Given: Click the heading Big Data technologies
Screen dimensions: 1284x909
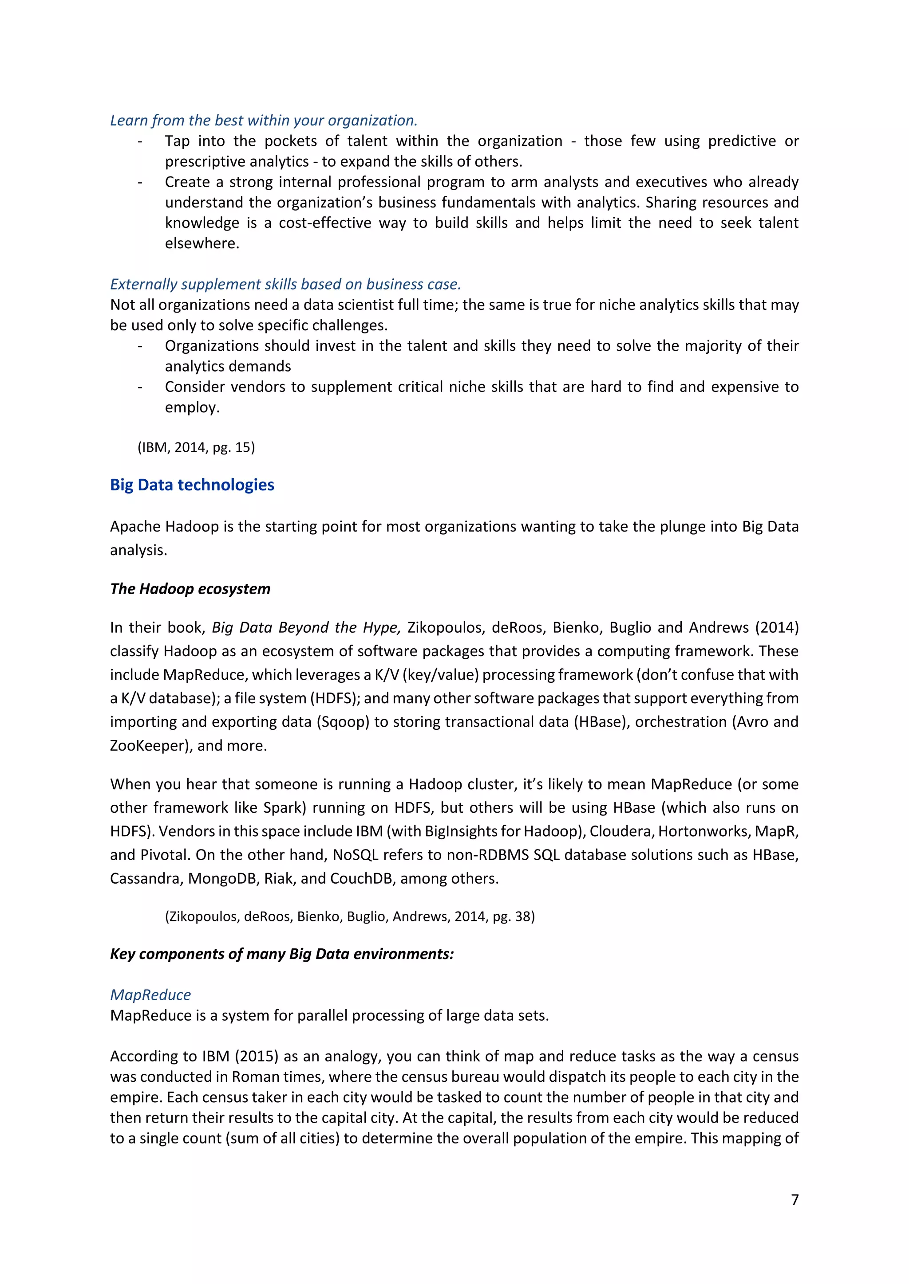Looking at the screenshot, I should [x=192, y=485].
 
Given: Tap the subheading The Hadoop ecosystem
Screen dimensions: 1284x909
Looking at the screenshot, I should [x=190, y=589].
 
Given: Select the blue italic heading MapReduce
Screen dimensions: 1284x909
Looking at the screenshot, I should [x=150, y=995].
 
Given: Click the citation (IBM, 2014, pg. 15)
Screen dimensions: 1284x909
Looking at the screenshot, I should [x=196, y=447].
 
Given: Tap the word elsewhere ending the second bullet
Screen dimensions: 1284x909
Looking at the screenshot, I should [x=202, y=244].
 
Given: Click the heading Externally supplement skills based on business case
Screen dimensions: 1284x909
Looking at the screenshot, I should [x=285, y=284].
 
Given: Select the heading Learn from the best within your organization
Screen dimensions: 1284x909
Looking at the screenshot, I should [x=264, y=120].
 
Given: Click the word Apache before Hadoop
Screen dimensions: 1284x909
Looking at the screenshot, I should [x=134, y=527].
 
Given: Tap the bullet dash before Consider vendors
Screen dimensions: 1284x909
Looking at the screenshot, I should [x=140, y=387].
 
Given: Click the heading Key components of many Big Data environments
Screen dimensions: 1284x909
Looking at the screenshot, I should [x=281, y=954].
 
